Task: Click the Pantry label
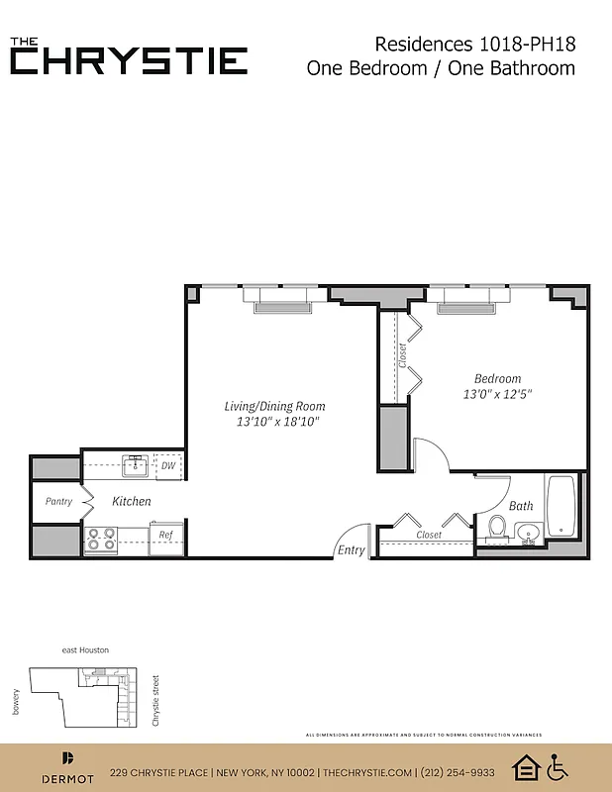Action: (x=58, y=502)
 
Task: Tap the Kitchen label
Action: (x=131, y=502)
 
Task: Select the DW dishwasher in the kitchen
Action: (x=168, y=465)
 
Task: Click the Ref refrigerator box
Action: (x=166, y=536)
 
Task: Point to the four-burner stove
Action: (x=101, y=539)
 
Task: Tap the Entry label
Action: (x=351, y=550)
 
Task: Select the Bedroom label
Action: (x=497, y=378)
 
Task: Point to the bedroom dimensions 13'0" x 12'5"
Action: (x=498, y=394)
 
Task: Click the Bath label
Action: (x=521, y=506)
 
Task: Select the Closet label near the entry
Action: (x=429, y=536)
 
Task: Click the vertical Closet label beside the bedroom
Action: (x=402, y=354)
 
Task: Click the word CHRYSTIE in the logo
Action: (x=129, y=61)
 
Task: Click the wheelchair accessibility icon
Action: (x=558, y=767)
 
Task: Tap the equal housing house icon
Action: (x=525, y=767)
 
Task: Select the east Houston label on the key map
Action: (x=85, y=649)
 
